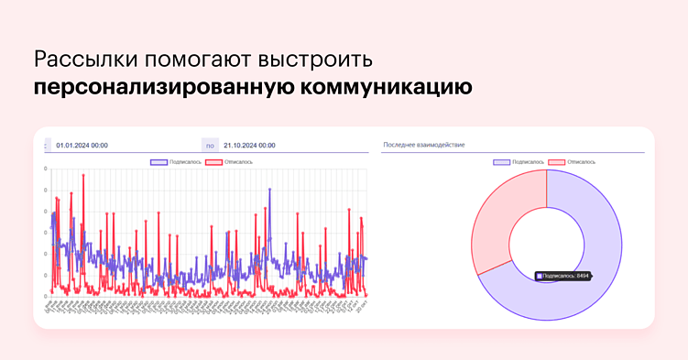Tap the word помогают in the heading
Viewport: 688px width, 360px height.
pyautogui.click(x=188, y=60)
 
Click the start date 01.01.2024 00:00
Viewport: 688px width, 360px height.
pyautogui.click(x=82, y=145)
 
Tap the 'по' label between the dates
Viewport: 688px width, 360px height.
pyautogui.click(x=210, y=145)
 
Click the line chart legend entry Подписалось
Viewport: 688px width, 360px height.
pyautogui.click(x=174, y=162)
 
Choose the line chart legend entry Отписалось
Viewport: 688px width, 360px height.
pyautogui.click(x=229, y=162)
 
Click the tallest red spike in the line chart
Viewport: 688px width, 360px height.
pyautogui.click(x=83, y=177)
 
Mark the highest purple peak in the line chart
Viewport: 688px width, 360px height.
pyautogui.click(x=269, y=191)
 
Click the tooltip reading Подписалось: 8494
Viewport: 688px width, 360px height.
pyautogui.click(x=562, y=275)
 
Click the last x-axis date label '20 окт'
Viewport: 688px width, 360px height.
pyautogui.click(x=365, y=303)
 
